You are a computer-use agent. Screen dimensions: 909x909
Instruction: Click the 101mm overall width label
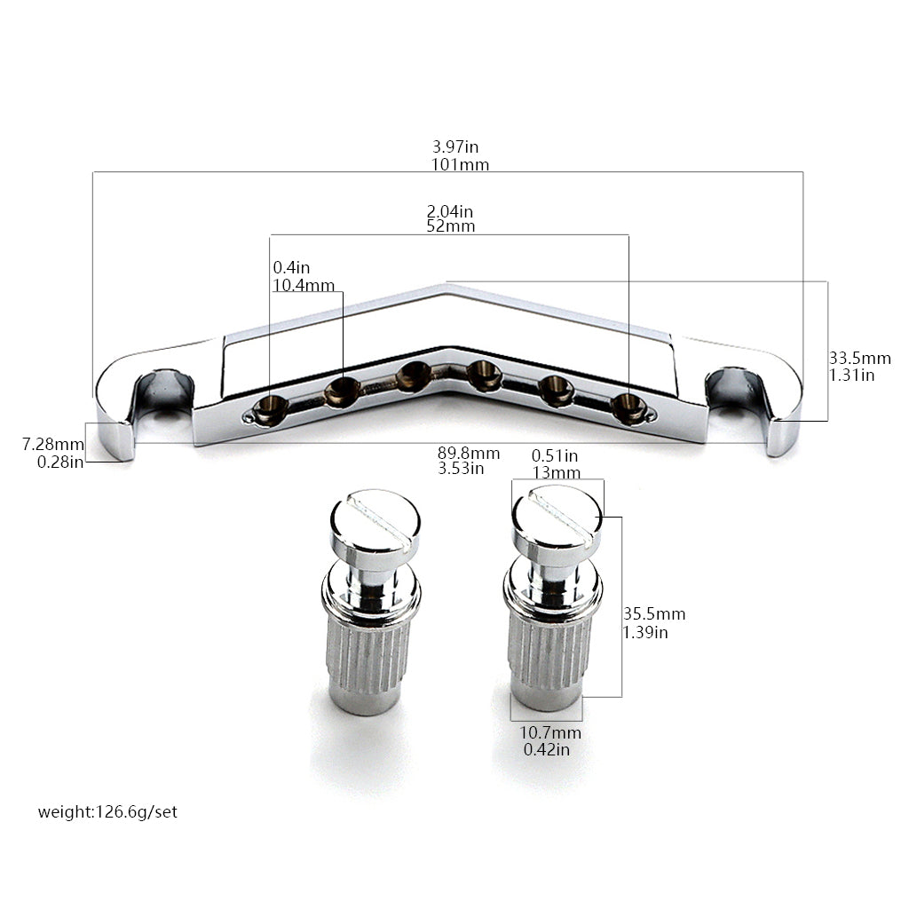[461, 164]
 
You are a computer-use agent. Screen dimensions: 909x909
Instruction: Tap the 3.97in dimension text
[455, 146]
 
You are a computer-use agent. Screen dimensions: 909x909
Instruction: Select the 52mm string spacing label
[450, 226]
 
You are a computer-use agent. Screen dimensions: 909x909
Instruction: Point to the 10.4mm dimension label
[304, 285]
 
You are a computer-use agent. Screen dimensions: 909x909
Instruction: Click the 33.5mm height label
[859, 358]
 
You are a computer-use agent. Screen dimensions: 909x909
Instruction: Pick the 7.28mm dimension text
[53, 445]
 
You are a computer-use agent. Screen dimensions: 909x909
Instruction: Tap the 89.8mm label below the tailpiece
[469, 453]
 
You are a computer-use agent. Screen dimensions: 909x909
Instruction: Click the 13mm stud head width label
[557, 472]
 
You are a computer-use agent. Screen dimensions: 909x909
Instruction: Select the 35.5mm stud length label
[654, 613]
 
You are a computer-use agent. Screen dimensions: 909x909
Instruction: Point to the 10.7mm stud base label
[550, 732]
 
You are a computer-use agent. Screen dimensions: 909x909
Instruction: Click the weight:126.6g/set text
[107, 811]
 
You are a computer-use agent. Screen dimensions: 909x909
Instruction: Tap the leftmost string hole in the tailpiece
[270, 408]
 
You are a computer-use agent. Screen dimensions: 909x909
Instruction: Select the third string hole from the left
[414, 375]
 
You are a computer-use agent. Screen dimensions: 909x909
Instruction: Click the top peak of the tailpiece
[446, 285]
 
